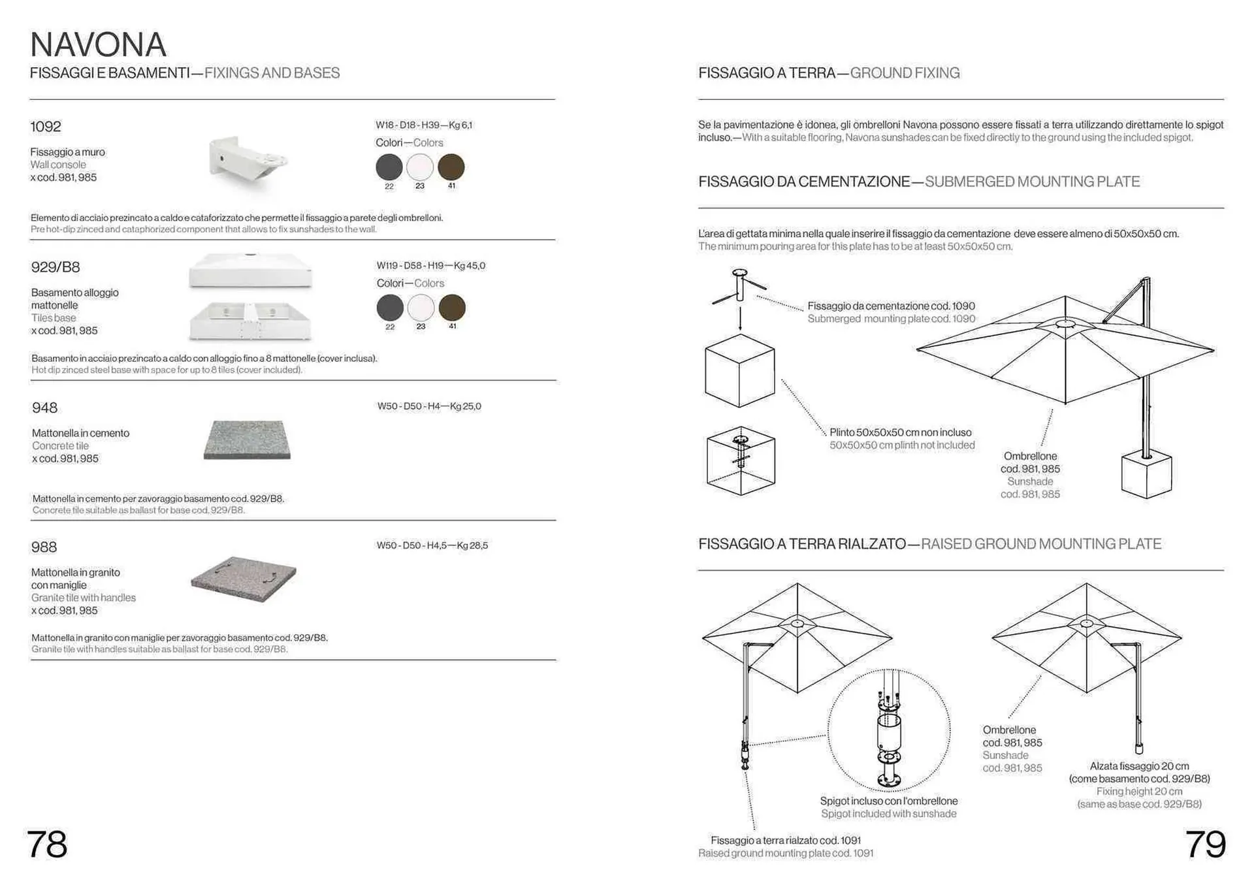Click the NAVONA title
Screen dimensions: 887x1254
pyautogui.click(x=98, y=44)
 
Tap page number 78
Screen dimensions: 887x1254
pyautogui.click(x=47, y=844)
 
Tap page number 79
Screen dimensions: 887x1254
pyautogui.click(x=1205, y=844)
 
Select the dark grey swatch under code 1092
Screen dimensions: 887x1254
pyautogui.click(x=389, y=167)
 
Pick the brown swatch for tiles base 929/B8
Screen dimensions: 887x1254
pyautogui.click(x=452, y=308)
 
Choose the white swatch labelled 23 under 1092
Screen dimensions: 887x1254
pyautogui.click(x=420, y=167)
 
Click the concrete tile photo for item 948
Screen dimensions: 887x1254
pyautogui.click(x=247, y=440)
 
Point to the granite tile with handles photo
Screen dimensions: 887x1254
pyautogui.click(x=244, y=578)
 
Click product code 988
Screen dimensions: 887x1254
pyautogui.click(x=44, y=547)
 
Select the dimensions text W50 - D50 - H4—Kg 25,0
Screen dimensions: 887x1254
pyautogui.click(x=429, y=406)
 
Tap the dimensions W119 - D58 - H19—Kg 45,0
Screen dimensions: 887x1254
pyautogui.click(x=430, y=266)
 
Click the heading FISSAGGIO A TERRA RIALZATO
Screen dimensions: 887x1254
pyautogui.click(x=802, y=544)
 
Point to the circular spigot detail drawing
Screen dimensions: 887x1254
pyautogui.click(x=889, y=730)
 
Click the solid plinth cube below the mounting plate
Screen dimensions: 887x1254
pyautogui.click(x=740, y=370)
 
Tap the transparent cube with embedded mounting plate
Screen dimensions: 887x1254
pyautogui.click(x=741, y=460)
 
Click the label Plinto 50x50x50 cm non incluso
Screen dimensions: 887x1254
pyautogui.click(x=900, y=432)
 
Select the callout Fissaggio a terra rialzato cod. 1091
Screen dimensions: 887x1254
pyautogui.click(x=785, y=841)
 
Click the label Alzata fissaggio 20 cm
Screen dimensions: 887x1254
pyautogui.click(x=1139, y=766)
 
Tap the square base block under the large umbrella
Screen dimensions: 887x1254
pyautogui.click(x=1146, y=475)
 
